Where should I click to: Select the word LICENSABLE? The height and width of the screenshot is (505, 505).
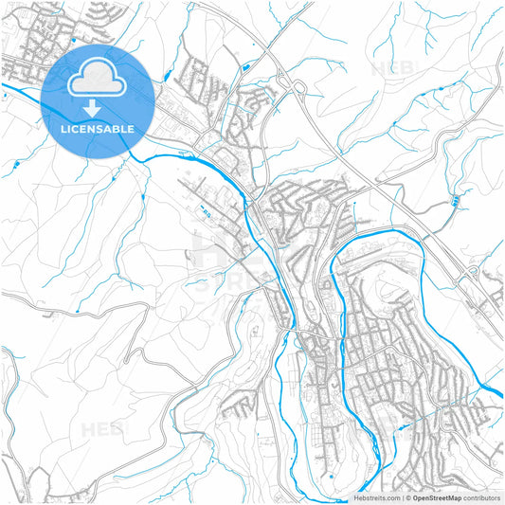97,128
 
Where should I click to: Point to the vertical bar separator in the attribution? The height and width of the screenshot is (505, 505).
401,496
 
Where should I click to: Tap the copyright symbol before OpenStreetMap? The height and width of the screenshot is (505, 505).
406,496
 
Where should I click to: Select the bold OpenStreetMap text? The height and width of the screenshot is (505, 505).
436,496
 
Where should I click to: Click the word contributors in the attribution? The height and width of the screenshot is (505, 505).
481,496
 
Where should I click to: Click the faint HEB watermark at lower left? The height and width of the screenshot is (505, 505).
105,429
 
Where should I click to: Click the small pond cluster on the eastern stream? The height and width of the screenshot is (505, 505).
456,201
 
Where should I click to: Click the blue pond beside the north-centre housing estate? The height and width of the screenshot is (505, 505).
245,67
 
